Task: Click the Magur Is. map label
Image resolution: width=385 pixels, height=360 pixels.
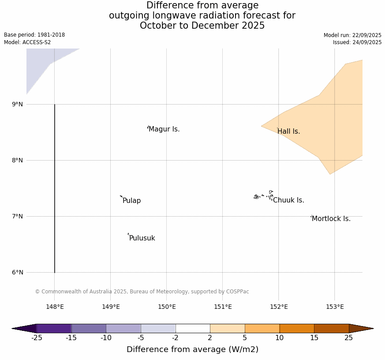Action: click(x=164, y=129)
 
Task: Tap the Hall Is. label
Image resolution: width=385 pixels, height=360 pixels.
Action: click(x=289, y=131)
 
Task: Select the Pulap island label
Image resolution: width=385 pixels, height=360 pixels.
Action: click(x=131, y=201)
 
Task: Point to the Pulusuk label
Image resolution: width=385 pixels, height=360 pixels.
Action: click(x=142, y=238)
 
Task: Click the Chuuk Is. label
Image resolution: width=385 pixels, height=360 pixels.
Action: click(x=288, y=200)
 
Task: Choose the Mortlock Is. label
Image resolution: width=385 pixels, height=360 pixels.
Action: click(x=331, y=219)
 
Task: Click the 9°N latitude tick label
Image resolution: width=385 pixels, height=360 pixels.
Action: click(x=18, y=104)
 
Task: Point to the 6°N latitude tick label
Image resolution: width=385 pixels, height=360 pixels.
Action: click(x=18, y=272)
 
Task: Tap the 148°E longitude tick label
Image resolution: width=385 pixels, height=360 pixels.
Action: click(x=55, y=307)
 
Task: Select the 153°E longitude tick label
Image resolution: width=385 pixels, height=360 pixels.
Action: click(x=335, y=307)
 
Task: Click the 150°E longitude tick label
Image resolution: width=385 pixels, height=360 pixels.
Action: click(x=167, y=307)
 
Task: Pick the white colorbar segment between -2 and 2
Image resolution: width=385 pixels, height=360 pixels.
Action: click(x=193, y=328)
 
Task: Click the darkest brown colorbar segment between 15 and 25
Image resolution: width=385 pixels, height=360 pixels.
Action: click(x=331, y=328)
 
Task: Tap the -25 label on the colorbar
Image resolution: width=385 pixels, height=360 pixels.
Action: click(x=37, y=338)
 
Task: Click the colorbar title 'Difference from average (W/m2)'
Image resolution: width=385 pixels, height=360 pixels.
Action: click(x=192, y=349)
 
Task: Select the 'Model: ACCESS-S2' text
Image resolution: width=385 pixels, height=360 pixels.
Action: click(x=27, y=42)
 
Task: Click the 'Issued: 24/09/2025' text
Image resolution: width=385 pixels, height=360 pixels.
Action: click(x=357, y=42)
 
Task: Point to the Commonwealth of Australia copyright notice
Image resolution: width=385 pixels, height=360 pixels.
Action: click(x=142, y=292)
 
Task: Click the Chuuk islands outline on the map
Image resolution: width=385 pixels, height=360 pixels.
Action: click(x=264, y=195)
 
